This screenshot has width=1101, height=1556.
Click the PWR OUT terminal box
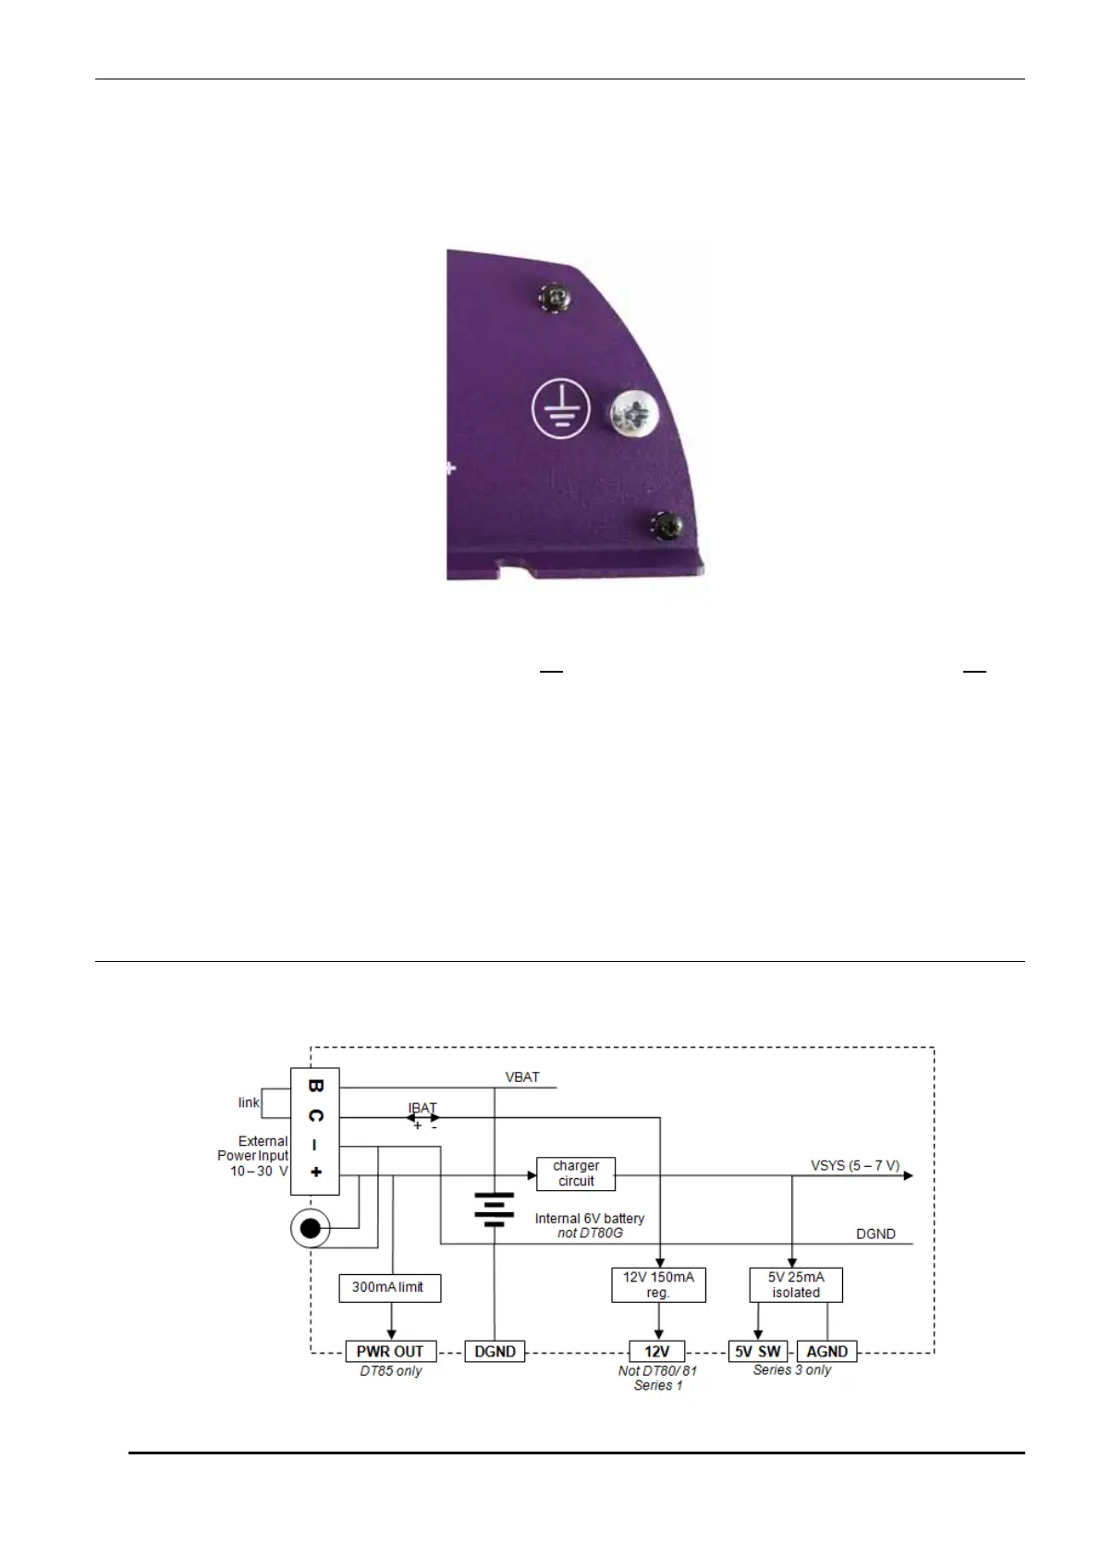coord(390,1351)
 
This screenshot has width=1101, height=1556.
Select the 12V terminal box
coord(657,1351)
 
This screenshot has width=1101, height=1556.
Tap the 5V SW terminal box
coord(757,1351)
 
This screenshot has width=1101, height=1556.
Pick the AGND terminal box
coord(826,1351)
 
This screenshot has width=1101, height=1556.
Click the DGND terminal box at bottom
coord(495,1351)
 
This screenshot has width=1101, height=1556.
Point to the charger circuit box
coord(576,1173)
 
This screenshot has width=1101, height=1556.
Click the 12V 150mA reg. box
coord(658,1284)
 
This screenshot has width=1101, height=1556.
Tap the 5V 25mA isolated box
coord(796,1284)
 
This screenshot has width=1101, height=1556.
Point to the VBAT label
coord(522,1077)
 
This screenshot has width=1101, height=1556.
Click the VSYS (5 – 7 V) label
coord(855,1165)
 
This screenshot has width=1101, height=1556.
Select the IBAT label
coord(422,1108)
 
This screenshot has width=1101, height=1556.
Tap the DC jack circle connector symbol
coord(312,1229)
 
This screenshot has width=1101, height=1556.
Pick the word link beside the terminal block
coord(250,1102)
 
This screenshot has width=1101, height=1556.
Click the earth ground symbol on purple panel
coord(561,410)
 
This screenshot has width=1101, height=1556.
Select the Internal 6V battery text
coord(590,1219)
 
